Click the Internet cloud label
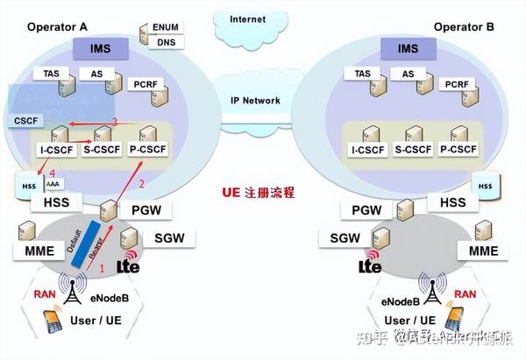tap(248, 18)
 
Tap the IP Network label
tap(254, 101)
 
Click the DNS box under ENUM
tap(165, 41)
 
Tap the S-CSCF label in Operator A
tap(103, 150)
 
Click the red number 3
tap(114, 121)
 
